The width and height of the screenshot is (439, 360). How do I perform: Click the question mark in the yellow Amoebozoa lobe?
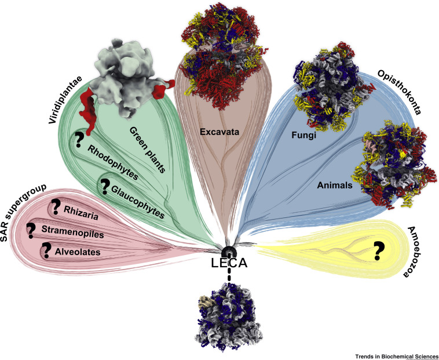click(x=379, y=250)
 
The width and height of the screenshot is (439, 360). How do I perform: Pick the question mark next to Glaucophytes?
click(x=105, y=187)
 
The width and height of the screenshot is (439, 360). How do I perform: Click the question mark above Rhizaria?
click(x=56, y=206)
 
